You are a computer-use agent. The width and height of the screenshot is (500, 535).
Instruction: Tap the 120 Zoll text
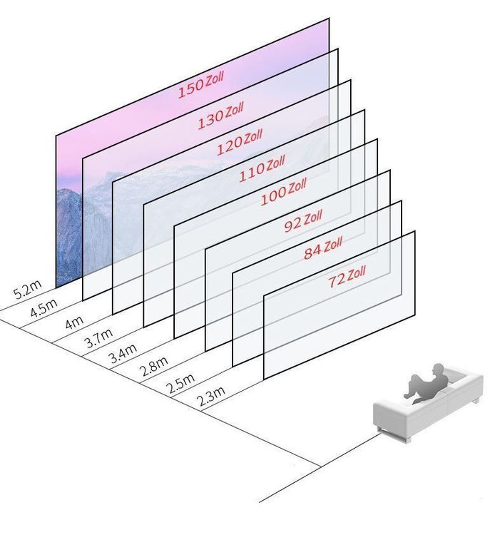[240, 141]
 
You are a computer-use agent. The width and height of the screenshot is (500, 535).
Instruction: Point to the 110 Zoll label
[262, 168]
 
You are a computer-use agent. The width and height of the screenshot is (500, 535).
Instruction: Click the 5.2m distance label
[27, 290]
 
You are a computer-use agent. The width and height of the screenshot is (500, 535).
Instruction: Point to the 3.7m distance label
[98, 337]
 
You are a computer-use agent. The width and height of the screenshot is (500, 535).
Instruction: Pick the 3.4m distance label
[123, 354]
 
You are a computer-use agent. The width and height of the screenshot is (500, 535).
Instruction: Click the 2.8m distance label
[154, 367]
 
